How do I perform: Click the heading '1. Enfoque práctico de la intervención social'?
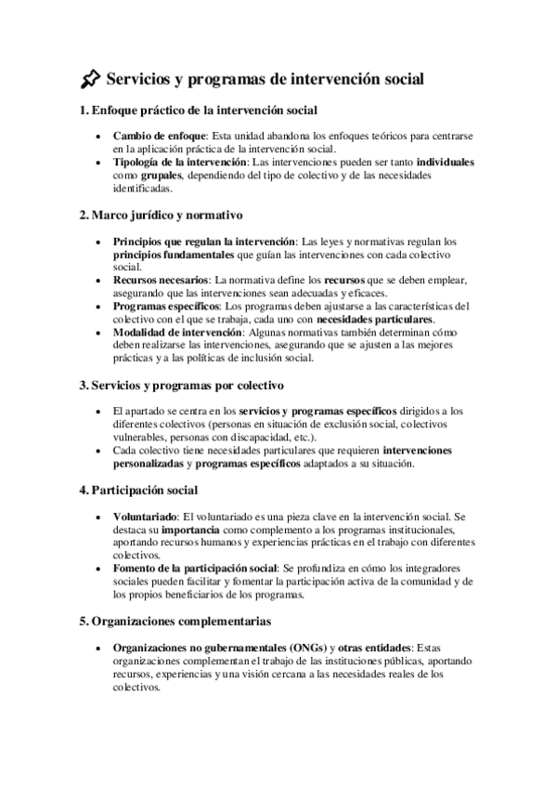[x=200, y=111]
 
